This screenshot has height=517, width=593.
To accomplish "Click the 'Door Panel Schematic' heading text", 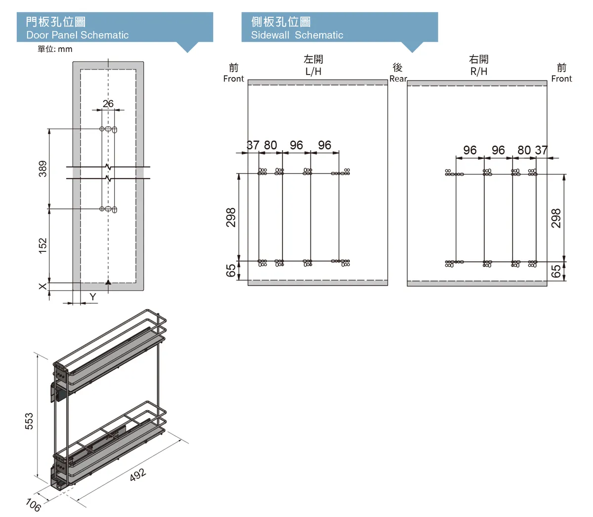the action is (x=78, y=35).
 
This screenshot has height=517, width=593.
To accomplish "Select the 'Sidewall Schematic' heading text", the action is (x=297, y=35).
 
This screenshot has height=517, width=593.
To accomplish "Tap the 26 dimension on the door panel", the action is (x=108, y=103).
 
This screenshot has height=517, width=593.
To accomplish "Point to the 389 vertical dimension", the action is (x=42, y=168).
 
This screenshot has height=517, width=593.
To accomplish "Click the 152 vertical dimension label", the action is (x=42, y=245).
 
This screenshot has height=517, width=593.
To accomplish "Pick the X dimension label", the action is (x=42, y=286).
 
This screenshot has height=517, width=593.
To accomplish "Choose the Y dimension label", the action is (x=93, y=297).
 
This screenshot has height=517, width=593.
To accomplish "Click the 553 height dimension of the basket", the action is (x=29, y=421).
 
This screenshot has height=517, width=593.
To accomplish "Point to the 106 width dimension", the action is (x=33, y=505).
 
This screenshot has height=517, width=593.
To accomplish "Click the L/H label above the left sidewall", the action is (x=313, y=71).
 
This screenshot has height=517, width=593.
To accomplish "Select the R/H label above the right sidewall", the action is (x=478, y=71).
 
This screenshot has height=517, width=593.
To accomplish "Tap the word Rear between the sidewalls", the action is (x=398, y=79).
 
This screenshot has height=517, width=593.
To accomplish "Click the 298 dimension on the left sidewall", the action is (x=231, y=217).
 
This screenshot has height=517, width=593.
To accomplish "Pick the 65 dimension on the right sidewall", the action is (x=556, y=271).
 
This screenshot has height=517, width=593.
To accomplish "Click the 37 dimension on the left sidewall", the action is (x=253, y=145).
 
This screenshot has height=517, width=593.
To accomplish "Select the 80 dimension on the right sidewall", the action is (x=524, y=150).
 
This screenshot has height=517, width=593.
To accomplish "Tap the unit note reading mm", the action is (x=65, y=49).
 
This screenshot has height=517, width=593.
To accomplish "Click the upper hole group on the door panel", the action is (x=108, y=129).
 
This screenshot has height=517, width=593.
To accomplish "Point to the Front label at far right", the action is (x=561, y=79).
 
